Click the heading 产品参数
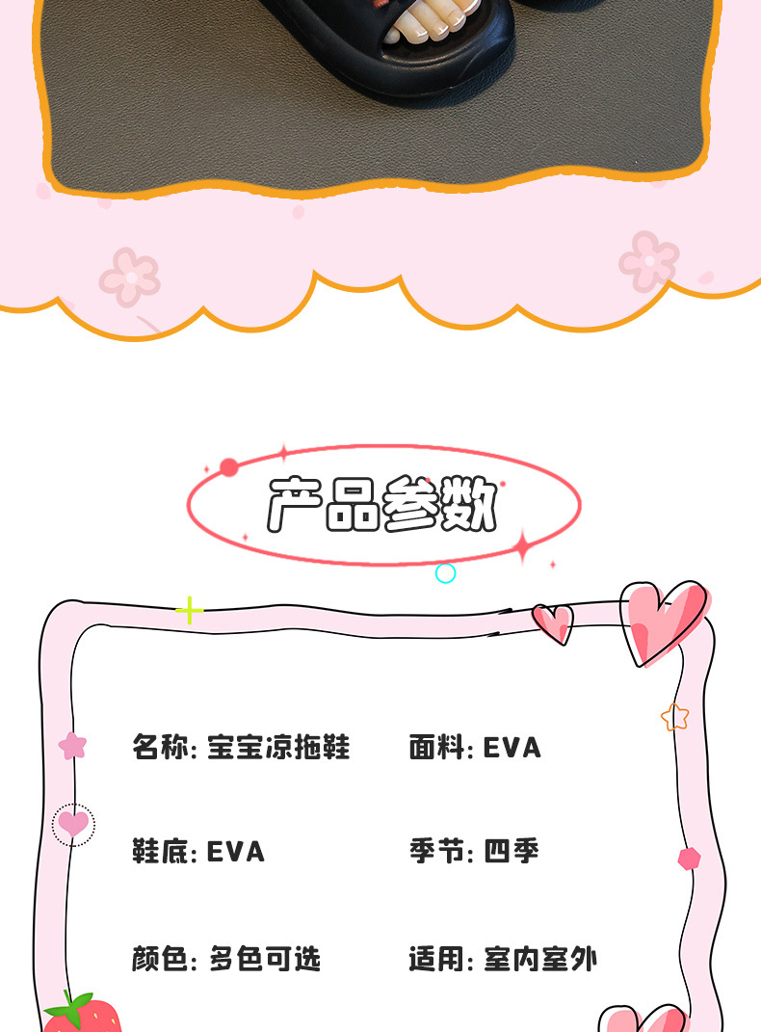pos(382,504)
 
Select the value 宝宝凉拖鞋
pos(278,747)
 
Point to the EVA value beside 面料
pos(512,747)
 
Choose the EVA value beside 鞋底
pos(235,852)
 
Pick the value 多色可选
pos(265,960)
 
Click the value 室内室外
pos(540,960)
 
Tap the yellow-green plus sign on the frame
pos(189,610)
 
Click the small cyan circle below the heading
pos(445,573)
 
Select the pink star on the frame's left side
pos(72,745)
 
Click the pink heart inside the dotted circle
pos(73,824)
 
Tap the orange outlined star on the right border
pos(675,717)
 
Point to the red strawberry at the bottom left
pos(84,1014)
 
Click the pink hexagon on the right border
pos(689,859)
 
